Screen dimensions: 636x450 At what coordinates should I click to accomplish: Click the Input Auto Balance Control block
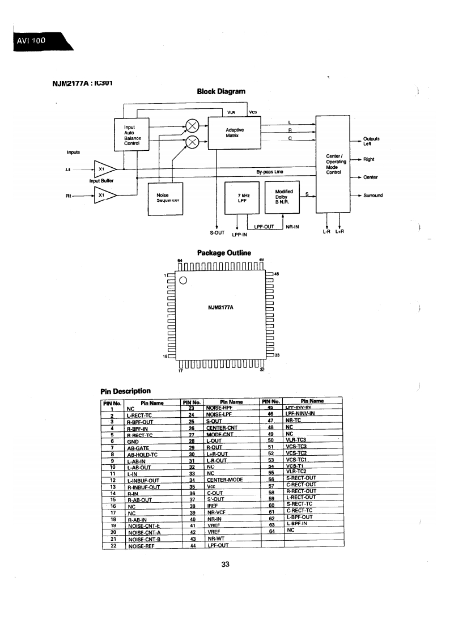(x=132, y=133)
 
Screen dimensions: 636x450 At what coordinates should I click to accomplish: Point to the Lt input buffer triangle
(x=104, y=169)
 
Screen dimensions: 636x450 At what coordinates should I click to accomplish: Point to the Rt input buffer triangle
(x=104, y=196)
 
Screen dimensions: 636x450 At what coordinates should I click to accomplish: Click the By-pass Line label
(x=269, y=171)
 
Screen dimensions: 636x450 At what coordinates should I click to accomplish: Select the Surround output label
(x=373, y=196)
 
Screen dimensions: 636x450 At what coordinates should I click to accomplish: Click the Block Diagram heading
(x=221, y=91)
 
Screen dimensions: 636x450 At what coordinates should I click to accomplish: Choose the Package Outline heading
(x=223, y=253)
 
